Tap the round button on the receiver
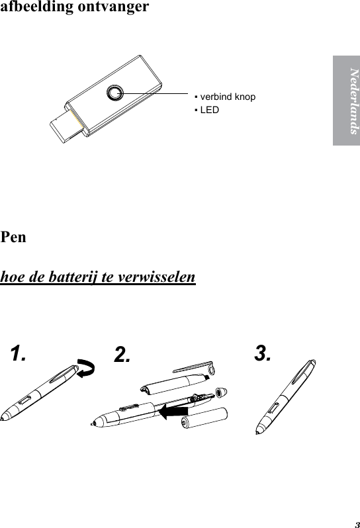click(x=116, y=93)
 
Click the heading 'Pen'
click(x=14, y=236)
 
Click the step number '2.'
click(x=122, y=355)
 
